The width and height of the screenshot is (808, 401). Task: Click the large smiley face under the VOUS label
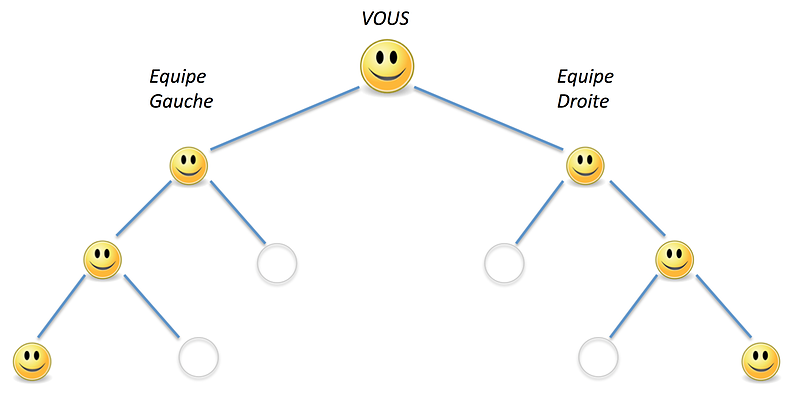point(387,66)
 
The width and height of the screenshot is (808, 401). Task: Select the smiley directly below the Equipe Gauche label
point(189,166)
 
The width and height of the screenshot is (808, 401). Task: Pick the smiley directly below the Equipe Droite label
point(585,166)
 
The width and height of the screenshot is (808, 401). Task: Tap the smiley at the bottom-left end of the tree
point(32,361)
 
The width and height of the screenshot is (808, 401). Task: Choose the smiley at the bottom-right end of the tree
point(761,361)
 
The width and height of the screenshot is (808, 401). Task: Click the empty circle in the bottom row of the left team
point(198,357)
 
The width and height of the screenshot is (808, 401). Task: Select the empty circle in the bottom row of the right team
point(598,357)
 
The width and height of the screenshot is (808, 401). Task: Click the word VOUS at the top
point(385,19)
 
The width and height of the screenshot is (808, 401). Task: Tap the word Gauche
point(181,101)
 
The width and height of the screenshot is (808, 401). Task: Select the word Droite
point(583,101)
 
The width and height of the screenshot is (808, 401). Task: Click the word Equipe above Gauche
point(178,77)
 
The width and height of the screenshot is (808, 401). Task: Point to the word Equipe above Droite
point(585,77)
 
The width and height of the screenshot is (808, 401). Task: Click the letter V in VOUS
point(367,19)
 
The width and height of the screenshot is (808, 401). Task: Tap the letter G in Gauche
point(156,101)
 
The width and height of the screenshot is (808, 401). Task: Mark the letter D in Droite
point(564,101)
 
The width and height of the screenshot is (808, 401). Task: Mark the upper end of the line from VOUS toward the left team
point(358,88)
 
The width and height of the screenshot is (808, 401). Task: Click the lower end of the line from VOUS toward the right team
point(563,149)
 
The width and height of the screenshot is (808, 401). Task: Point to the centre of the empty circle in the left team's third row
point(277,263)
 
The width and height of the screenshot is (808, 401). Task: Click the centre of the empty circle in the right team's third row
point(504,263)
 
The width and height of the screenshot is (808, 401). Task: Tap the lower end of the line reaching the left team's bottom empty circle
point(179,337)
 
